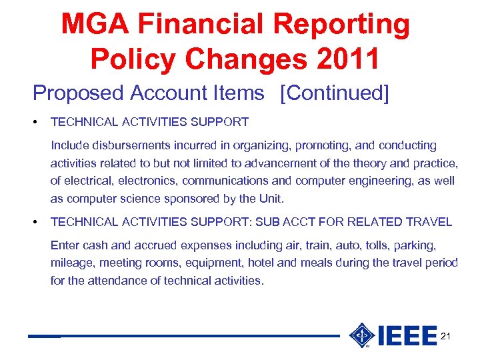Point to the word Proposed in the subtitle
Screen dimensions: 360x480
[x=78, y=93]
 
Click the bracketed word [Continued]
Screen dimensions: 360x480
[x=335, y=93]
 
